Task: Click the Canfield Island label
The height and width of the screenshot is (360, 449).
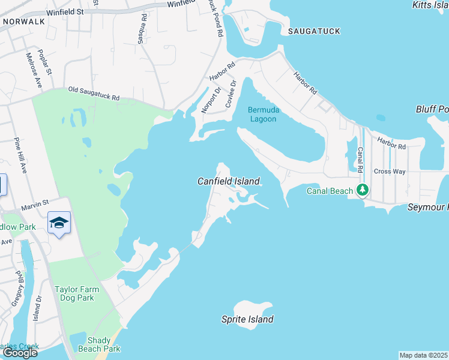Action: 229,181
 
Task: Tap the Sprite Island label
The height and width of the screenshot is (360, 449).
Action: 247,319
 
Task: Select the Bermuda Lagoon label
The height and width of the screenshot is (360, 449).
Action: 262,114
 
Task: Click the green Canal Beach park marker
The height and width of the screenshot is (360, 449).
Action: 362,190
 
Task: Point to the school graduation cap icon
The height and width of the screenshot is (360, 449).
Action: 59,223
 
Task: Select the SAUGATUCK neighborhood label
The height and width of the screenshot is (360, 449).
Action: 314,31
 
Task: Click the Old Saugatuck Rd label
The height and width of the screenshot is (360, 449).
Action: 94,93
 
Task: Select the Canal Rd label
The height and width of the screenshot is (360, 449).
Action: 360,159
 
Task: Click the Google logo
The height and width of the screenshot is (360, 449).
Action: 20,352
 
